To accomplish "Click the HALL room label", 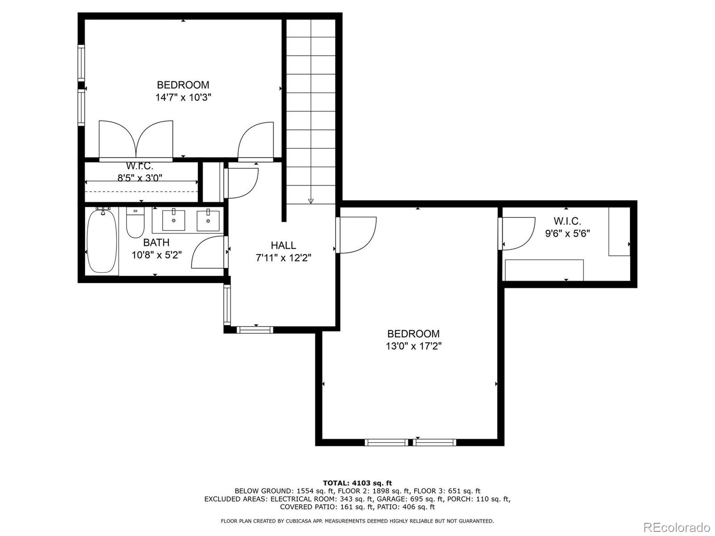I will (283, 245).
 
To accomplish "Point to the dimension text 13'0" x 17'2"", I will (413, 346).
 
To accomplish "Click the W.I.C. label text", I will (567, 221).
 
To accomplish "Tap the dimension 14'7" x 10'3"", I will (183, 97).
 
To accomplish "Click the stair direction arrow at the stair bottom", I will (311, 201).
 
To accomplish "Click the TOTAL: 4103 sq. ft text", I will (357, 483).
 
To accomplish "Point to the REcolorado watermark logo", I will (677, 527).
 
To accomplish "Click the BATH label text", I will (156, 243).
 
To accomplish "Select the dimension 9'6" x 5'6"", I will (567, 233).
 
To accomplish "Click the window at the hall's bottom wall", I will (255, 330).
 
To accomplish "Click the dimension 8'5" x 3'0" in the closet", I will (140, 177).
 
